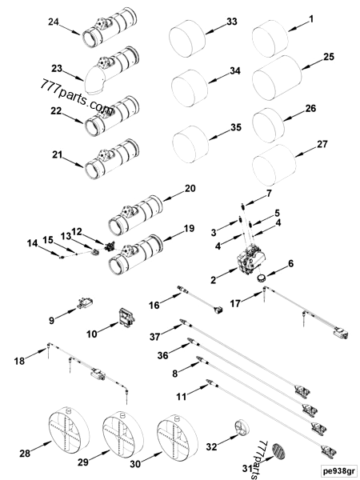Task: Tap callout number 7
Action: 270,194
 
